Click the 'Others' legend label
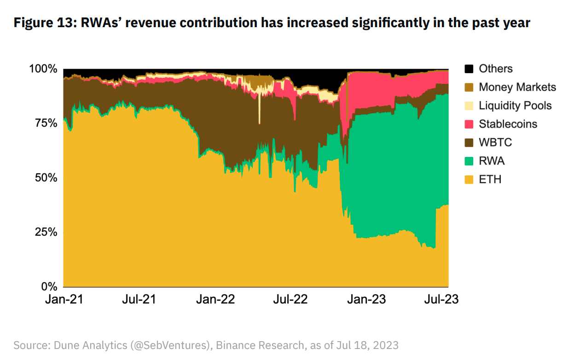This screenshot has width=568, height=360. coord(495,69)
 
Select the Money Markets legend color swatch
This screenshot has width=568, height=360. coord(469,87)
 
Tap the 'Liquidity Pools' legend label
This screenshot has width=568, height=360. coord(515,105)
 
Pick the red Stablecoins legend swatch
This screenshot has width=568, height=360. coord(469,124)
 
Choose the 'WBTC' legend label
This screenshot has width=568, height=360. coord(495,142)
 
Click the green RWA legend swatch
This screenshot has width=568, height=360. coord(469,161)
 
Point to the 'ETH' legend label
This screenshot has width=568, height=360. coord(490,179)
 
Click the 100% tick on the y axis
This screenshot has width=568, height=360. coord(43,69)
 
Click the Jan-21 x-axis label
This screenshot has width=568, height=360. coord(64,299)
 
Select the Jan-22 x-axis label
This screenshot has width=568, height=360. coord(216,299)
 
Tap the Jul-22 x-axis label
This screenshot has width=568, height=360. coord(290,299)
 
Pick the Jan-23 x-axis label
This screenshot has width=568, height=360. coord(367,299)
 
